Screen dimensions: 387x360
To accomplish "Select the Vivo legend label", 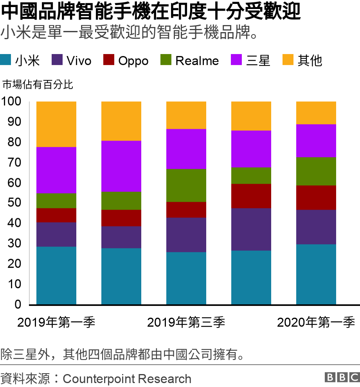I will [x=79, y=61].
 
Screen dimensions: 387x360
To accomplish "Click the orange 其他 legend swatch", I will [x=288, y=60].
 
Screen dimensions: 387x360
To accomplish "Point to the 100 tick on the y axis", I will [x=14, y=101].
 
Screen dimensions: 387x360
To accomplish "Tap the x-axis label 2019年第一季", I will [x=56, y=323].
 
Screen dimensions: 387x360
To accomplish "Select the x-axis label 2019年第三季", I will [x=186, y=323].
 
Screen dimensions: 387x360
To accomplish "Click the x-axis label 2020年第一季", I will [x=316, y=323].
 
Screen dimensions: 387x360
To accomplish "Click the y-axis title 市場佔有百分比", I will [x=38, y=85].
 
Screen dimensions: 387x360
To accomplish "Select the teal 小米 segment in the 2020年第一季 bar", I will [x=316, y=274].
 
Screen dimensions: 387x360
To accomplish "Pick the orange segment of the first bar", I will [x=56, y=124].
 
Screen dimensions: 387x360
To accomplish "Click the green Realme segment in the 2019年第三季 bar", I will [x=186, y=185].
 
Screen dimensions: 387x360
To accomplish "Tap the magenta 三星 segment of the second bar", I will [x=121, y=166].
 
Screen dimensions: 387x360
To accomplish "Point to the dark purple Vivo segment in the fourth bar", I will [x=251, y=229].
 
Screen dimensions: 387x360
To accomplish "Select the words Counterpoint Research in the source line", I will [x=127, y=379].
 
